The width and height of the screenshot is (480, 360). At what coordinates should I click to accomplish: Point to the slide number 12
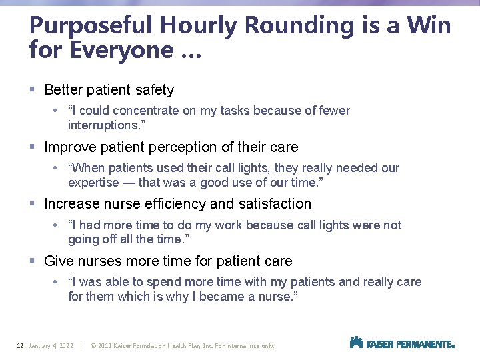20,346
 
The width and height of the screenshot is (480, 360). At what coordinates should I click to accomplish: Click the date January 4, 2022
51,346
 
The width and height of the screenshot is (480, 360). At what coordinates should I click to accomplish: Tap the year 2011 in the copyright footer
105,346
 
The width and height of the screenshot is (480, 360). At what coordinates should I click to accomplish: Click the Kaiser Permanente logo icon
356,343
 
